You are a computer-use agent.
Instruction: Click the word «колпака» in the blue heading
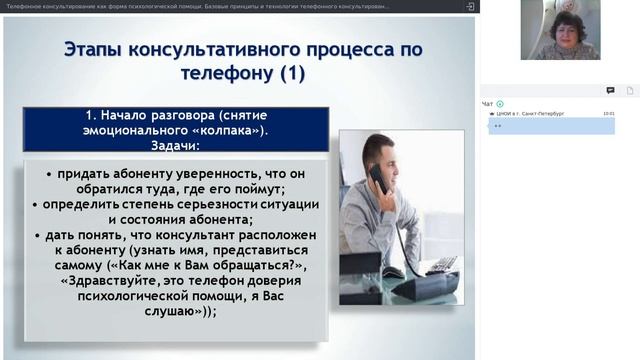point(223,130)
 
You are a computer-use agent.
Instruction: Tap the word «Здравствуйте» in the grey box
point(119,281)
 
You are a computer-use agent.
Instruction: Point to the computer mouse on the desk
point(393,272)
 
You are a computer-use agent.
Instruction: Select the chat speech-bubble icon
point(610,90)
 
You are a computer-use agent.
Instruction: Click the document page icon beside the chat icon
point(630,90)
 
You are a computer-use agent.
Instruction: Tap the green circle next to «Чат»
point(500,104)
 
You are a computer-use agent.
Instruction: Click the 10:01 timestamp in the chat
point(609,114)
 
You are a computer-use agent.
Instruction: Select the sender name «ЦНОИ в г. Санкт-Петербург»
point(530,114)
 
